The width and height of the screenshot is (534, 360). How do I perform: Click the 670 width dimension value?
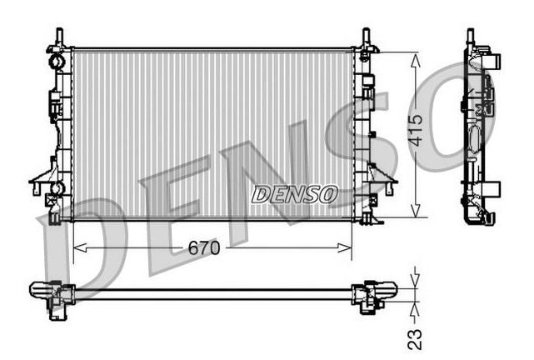[x=204, y=248]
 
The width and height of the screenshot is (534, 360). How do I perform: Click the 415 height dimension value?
[x=416, y=130]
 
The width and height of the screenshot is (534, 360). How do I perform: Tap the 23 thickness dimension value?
[x=415, y=339]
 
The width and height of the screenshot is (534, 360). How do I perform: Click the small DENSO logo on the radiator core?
[x=295, y=194]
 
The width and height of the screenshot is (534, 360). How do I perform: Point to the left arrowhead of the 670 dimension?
[x=80, y=248]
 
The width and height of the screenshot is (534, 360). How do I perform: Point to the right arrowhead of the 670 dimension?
[x=344, y=248]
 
